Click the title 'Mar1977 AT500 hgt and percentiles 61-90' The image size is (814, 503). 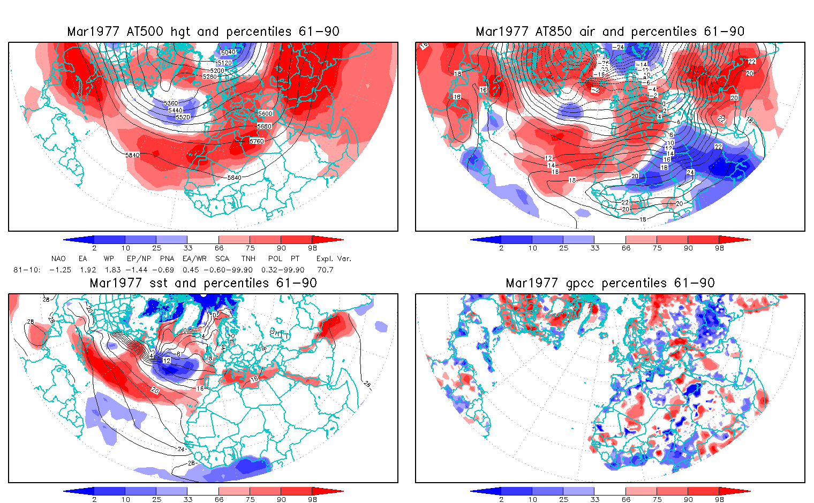pos(203,32)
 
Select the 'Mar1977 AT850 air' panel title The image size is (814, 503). pos(610,32)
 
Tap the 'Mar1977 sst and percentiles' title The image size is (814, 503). pos(203,283)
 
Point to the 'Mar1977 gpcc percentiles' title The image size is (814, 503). pos(610,283)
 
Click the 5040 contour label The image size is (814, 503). pos(228,52)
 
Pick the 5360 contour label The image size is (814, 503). pos(171,103)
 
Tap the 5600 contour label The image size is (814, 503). pos(265,113)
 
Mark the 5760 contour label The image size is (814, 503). pos(257,141)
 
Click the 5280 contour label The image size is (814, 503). pos(210,77)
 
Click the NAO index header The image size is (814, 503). pos(58,258)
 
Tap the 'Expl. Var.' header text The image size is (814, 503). pos(334,258)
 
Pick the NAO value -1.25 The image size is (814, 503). pos(60,270)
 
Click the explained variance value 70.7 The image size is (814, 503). pos(325,270)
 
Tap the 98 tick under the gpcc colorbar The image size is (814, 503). pos(719,499)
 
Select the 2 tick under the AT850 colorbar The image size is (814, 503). pos(501,248)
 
